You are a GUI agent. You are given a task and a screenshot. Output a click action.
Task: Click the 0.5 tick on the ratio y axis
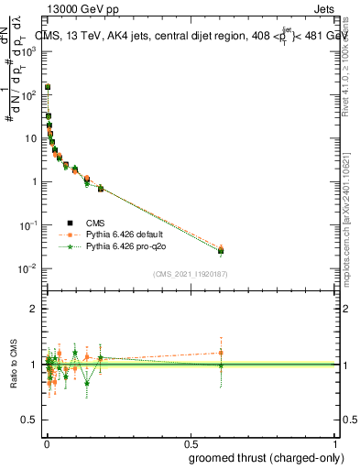point(31,420)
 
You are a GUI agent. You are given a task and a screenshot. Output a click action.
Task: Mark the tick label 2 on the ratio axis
point(34,309)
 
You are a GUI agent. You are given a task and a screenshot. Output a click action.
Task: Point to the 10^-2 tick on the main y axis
point(27,268)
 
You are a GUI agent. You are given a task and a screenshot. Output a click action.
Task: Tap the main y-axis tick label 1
point(34,181)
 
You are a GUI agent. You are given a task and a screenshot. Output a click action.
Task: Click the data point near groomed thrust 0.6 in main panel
point(220,250)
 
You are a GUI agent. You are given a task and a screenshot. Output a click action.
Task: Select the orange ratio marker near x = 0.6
point(220,353)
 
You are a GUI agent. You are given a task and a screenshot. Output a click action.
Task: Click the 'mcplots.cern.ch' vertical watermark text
point(349,229)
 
